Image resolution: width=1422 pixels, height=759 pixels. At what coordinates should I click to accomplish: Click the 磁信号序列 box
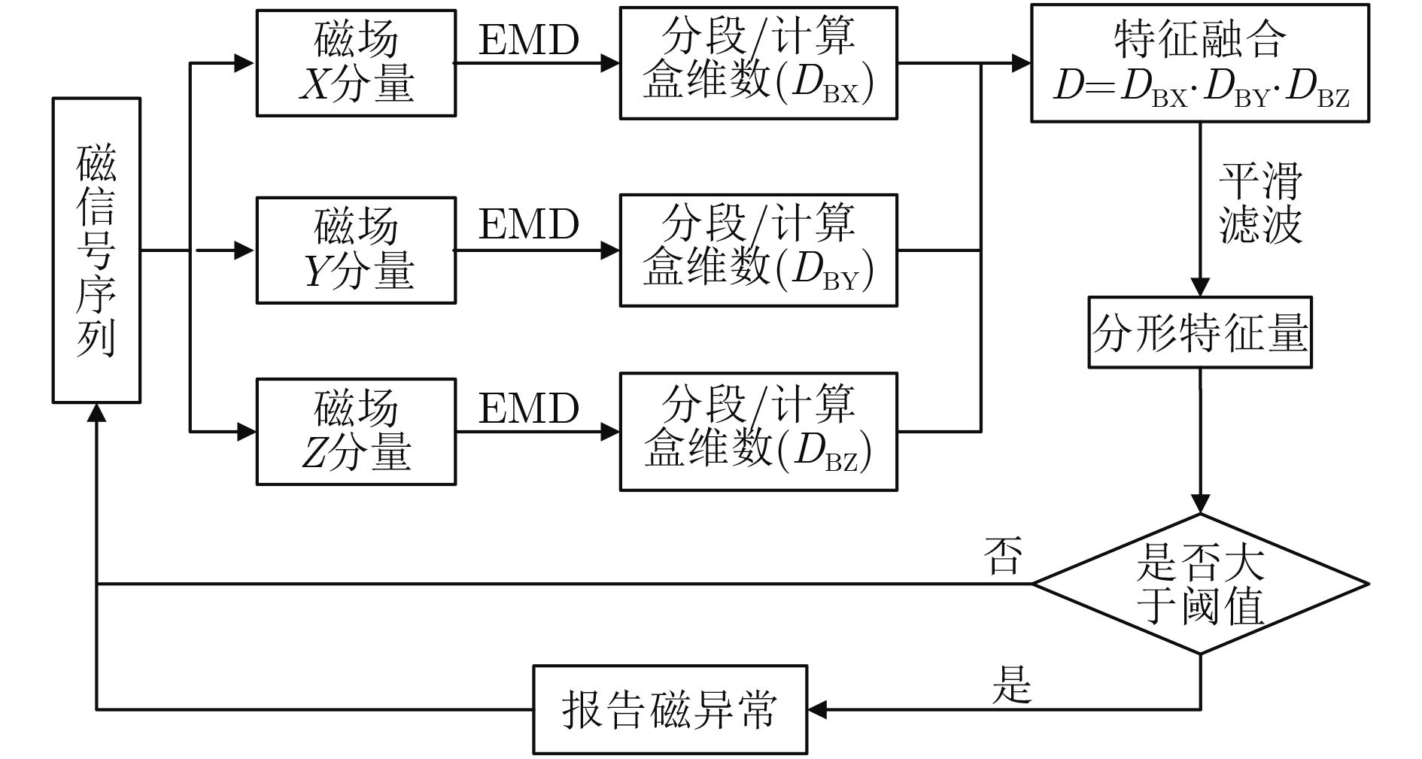(96, 250)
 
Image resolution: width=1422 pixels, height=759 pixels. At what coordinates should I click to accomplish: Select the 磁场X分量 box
(356, 63)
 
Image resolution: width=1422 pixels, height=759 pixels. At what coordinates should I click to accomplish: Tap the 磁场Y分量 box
(356, 250)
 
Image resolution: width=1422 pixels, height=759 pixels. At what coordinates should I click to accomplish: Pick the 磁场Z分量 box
(356, 431)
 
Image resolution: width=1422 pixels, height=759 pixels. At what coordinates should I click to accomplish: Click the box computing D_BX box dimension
(758, 63)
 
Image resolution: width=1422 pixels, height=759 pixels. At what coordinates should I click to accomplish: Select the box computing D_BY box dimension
(758, 250)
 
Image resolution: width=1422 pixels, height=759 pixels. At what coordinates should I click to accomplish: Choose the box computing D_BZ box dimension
(758, 431)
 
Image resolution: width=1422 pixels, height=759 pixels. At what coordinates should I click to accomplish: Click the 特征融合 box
(1199, 63)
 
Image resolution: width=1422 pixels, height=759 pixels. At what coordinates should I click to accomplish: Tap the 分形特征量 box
(1199, 332)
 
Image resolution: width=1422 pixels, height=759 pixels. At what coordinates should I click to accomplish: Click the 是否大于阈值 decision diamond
(1199, 584)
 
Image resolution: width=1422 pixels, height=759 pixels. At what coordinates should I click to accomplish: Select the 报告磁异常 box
(670, 709)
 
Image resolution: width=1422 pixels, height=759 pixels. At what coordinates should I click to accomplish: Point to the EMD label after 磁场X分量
(529, 40)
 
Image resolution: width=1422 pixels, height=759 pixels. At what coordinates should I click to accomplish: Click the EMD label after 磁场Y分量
(529, 224)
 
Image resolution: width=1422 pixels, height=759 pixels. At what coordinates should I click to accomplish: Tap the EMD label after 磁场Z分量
(529, 408)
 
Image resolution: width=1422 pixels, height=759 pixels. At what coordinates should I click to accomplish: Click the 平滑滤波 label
(1259, 202)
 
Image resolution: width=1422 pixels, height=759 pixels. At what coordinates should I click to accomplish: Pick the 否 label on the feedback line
(1004, 557)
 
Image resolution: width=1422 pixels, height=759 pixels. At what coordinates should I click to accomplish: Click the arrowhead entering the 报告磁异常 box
(817, 709)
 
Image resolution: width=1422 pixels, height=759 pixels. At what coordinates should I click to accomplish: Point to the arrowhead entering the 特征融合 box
(1021, 63)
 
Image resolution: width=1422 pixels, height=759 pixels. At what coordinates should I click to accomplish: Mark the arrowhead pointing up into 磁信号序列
(96, 412)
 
